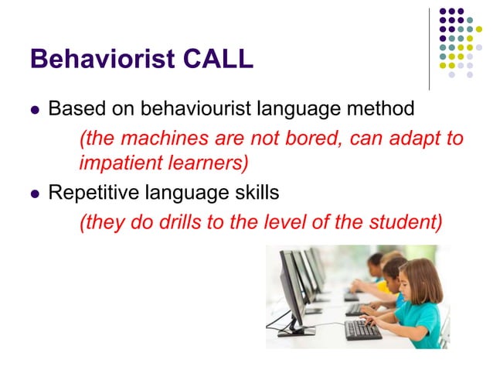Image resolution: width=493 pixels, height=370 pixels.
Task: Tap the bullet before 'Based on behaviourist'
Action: [33, 110]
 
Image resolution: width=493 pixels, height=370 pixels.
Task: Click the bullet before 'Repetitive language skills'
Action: [33, 192]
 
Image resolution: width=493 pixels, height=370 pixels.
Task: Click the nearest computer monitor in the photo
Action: [294, 287]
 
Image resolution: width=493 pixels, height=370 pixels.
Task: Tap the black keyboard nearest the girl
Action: [363, 328]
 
